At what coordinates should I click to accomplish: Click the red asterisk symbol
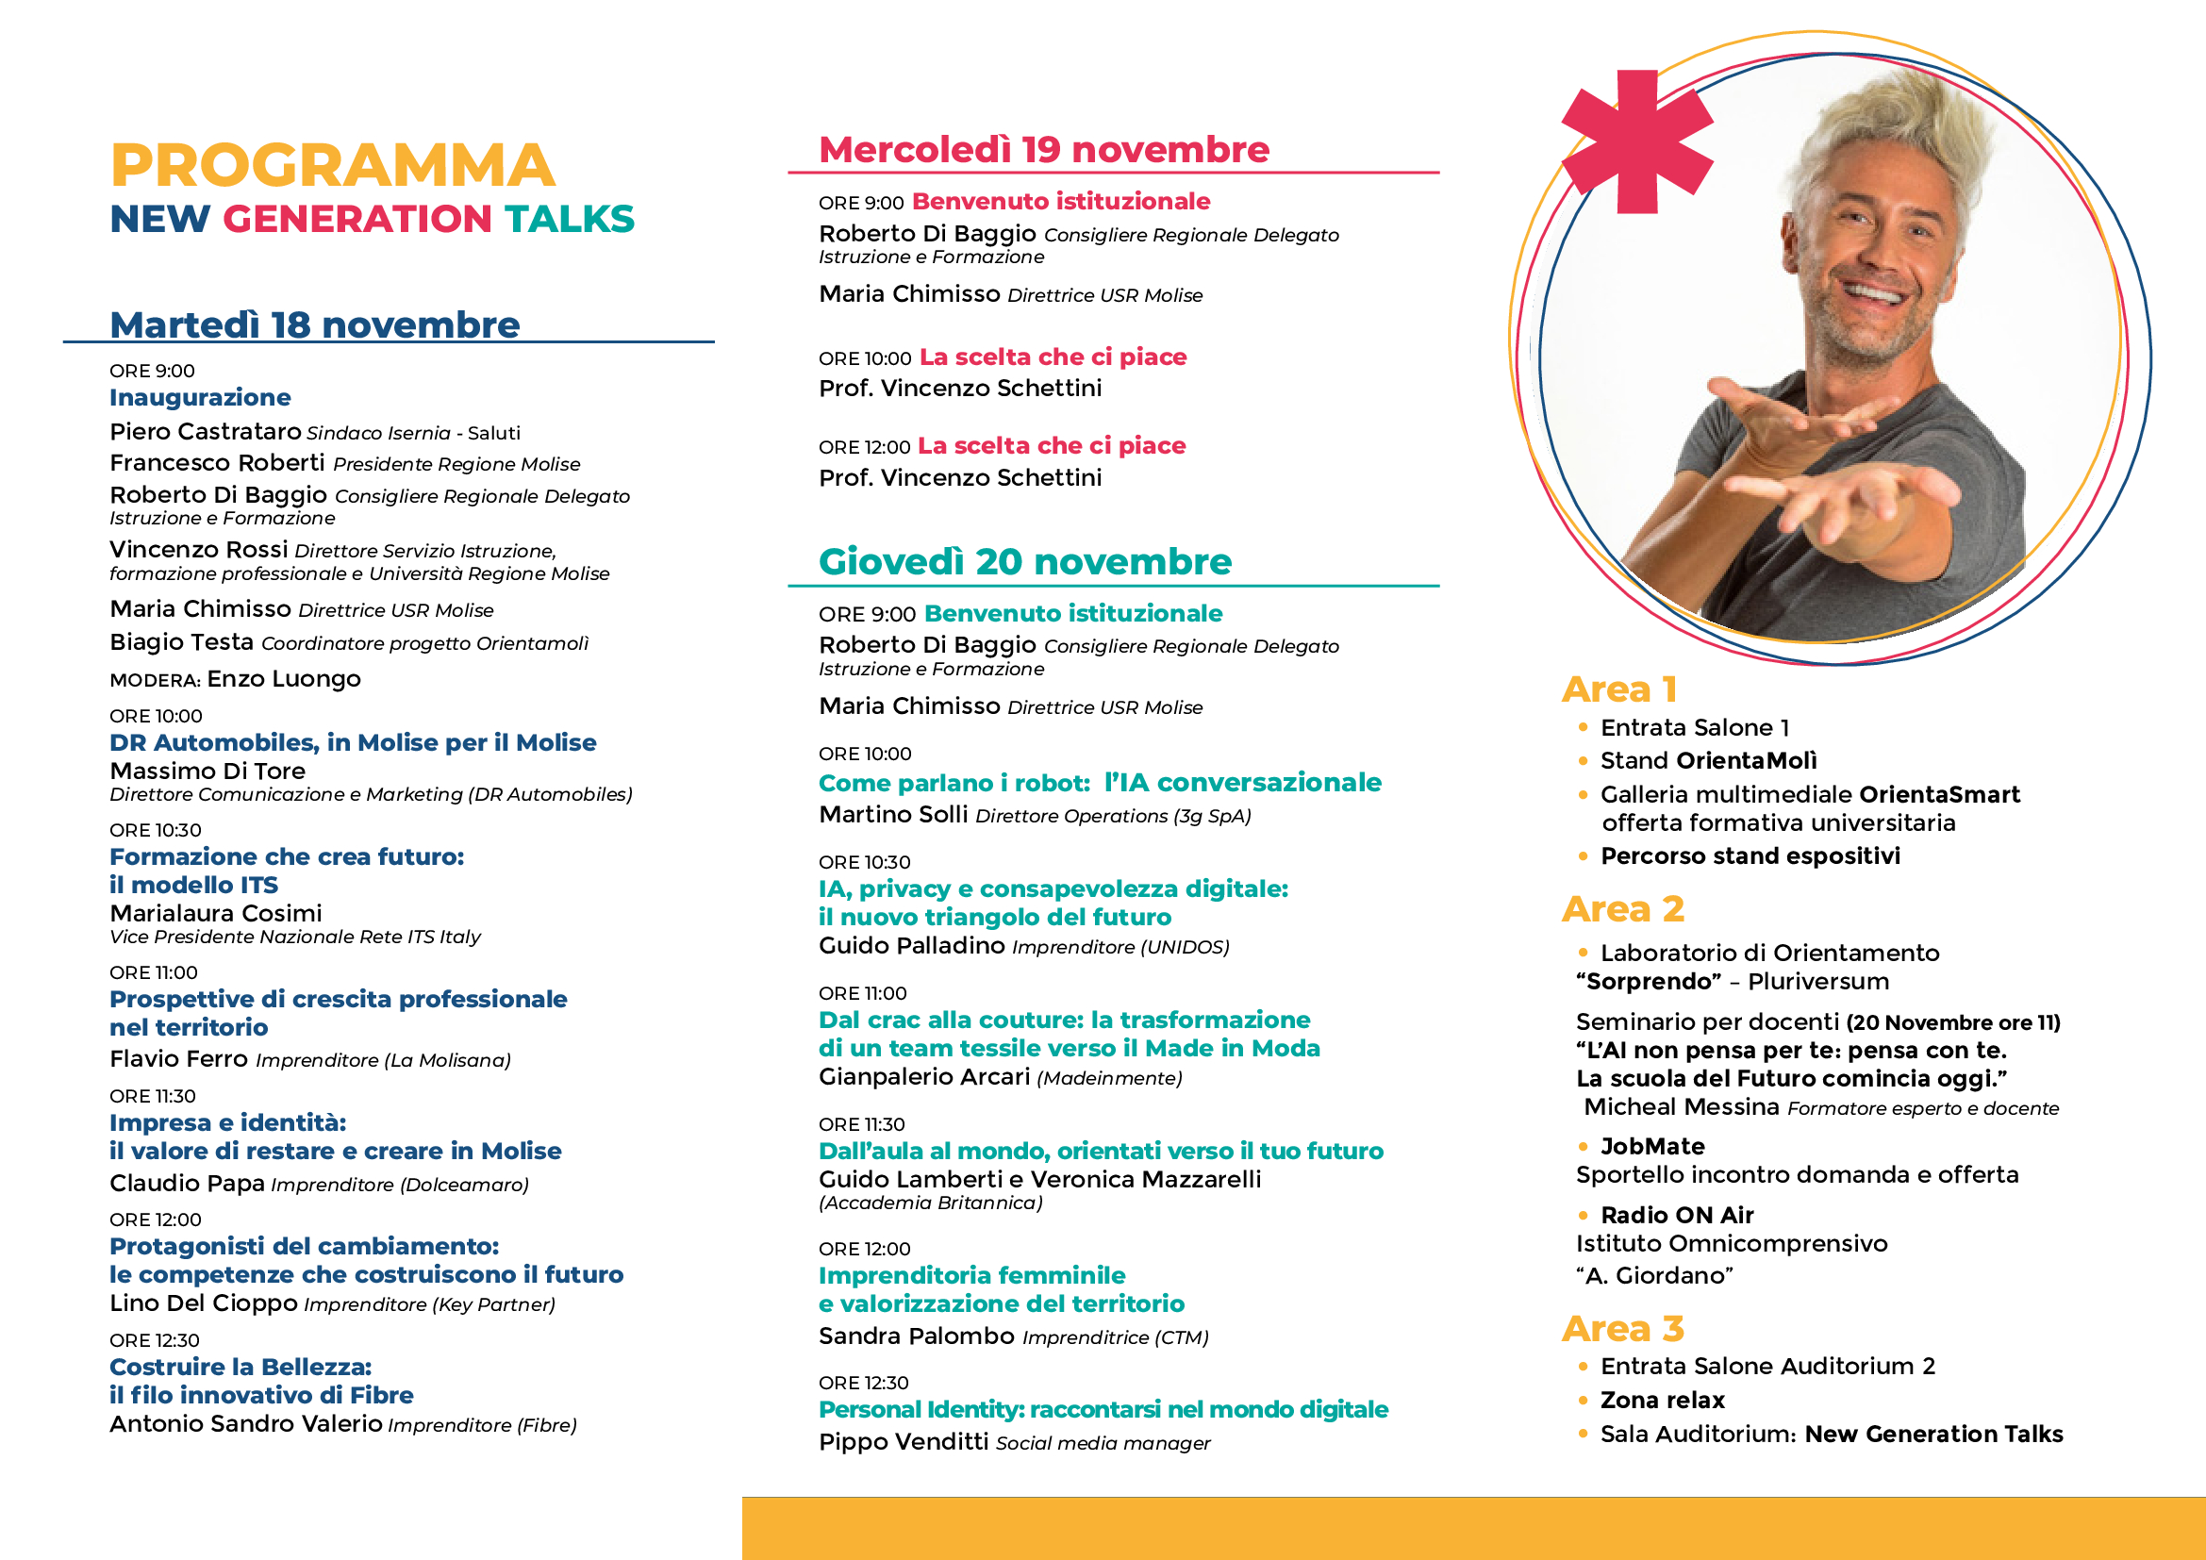(x=1636, y=141)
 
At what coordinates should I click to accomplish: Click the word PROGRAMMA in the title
(x=332, y=165)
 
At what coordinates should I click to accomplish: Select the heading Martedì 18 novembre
(x=314, y=325)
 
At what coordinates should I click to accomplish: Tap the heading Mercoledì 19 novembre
(x=1043, y=150)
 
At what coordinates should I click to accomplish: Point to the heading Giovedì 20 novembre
(x=1024, y=562)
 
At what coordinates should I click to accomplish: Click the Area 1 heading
(x=1619, y=689)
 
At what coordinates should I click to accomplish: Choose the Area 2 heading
(x=1622, y=908)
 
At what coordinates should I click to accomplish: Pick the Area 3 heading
(x=1622, y=1329)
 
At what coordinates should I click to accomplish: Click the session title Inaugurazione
(x=200, y=398)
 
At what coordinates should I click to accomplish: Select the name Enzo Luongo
(x=284, y=679)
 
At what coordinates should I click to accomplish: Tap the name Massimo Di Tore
(x=207, y=771)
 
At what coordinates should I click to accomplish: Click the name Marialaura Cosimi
(x=215, y=913)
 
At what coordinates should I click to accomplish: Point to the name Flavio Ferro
(x=178, y=1058)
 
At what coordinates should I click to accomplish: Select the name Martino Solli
(x=892, y=815)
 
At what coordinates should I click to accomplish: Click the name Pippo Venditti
(x=904, y=1442)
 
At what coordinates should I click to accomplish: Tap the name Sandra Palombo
(x=916, y=1336)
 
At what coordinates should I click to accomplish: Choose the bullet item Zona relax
(x=1662, y=1400)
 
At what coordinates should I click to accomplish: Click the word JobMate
(x=1652, y=1146)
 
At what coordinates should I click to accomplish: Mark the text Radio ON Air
(x=1677, y=1215)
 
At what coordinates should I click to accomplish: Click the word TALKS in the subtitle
(x=570, y=219)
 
